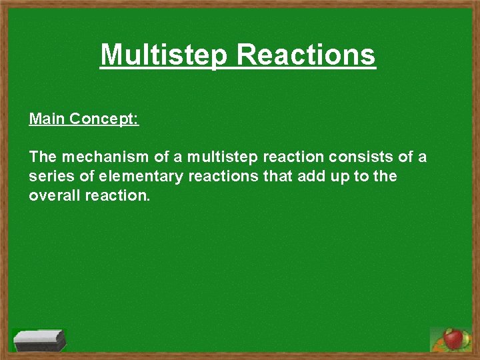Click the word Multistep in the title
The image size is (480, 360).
165,55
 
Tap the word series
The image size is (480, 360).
48,177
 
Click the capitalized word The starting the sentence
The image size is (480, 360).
43,157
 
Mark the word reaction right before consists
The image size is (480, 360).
290,157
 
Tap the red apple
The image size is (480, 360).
454,339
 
